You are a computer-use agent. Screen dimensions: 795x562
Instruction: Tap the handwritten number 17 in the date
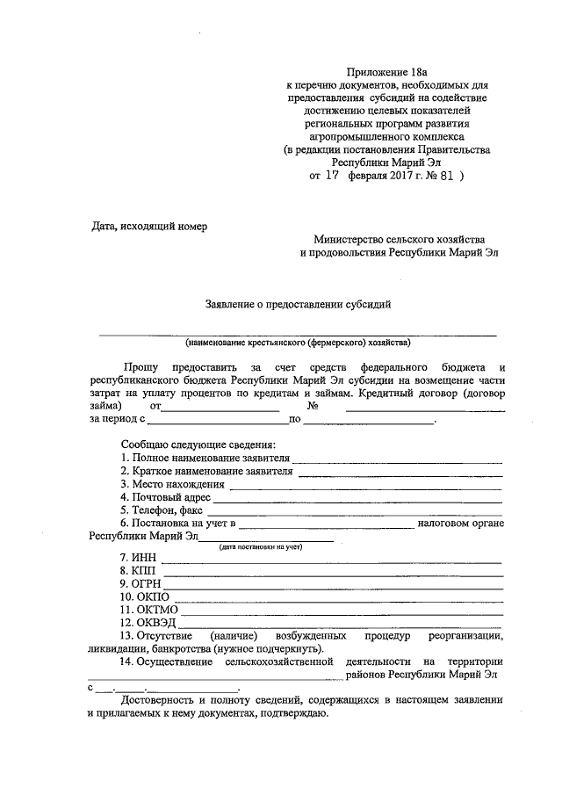click(331, 175)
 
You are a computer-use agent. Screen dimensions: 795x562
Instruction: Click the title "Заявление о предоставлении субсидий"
click(298, 304)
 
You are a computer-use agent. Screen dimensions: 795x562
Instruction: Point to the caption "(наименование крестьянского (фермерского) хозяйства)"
click(297, 343)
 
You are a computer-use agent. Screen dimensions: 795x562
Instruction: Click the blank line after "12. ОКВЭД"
click(342, 623)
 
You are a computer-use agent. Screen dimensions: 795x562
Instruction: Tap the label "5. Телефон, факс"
click(162, 509)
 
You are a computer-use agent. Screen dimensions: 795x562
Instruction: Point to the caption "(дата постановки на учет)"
click(260, 546)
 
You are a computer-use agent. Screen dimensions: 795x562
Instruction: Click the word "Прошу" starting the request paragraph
click(140, 366)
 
